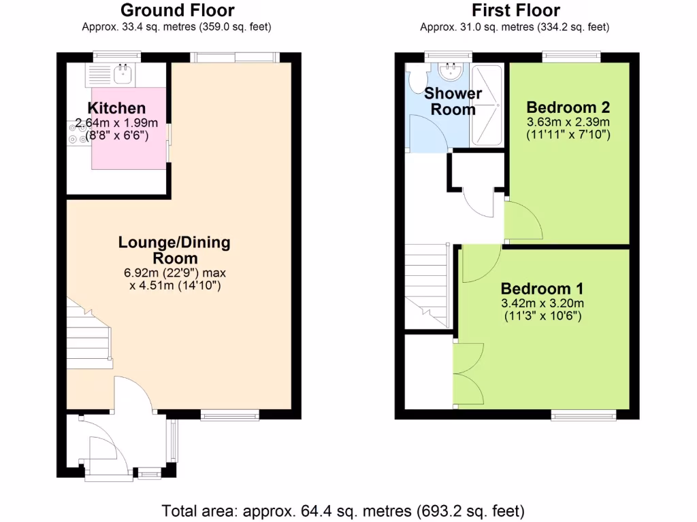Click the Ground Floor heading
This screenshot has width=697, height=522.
(x=177, y=10)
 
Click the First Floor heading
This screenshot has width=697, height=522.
(x=515, y=10)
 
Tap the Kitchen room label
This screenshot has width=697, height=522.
(x=116, y=108)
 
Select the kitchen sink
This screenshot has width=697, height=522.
(x=123, y=73)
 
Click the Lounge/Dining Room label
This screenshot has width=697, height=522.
(x=174, y=250)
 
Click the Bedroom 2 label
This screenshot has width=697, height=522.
(x=568, y=107)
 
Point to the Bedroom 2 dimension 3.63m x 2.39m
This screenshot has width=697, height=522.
(x=568, y=122)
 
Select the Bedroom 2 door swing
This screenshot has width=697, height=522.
(x=521, y=221)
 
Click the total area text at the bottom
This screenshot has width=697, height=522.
(x=343, y=510)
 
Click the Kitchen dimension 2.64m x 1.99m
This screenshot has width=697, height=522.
(x=116, y=123)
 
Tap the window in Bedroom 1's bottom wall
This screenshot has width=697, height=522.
(x=583, y=414)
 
